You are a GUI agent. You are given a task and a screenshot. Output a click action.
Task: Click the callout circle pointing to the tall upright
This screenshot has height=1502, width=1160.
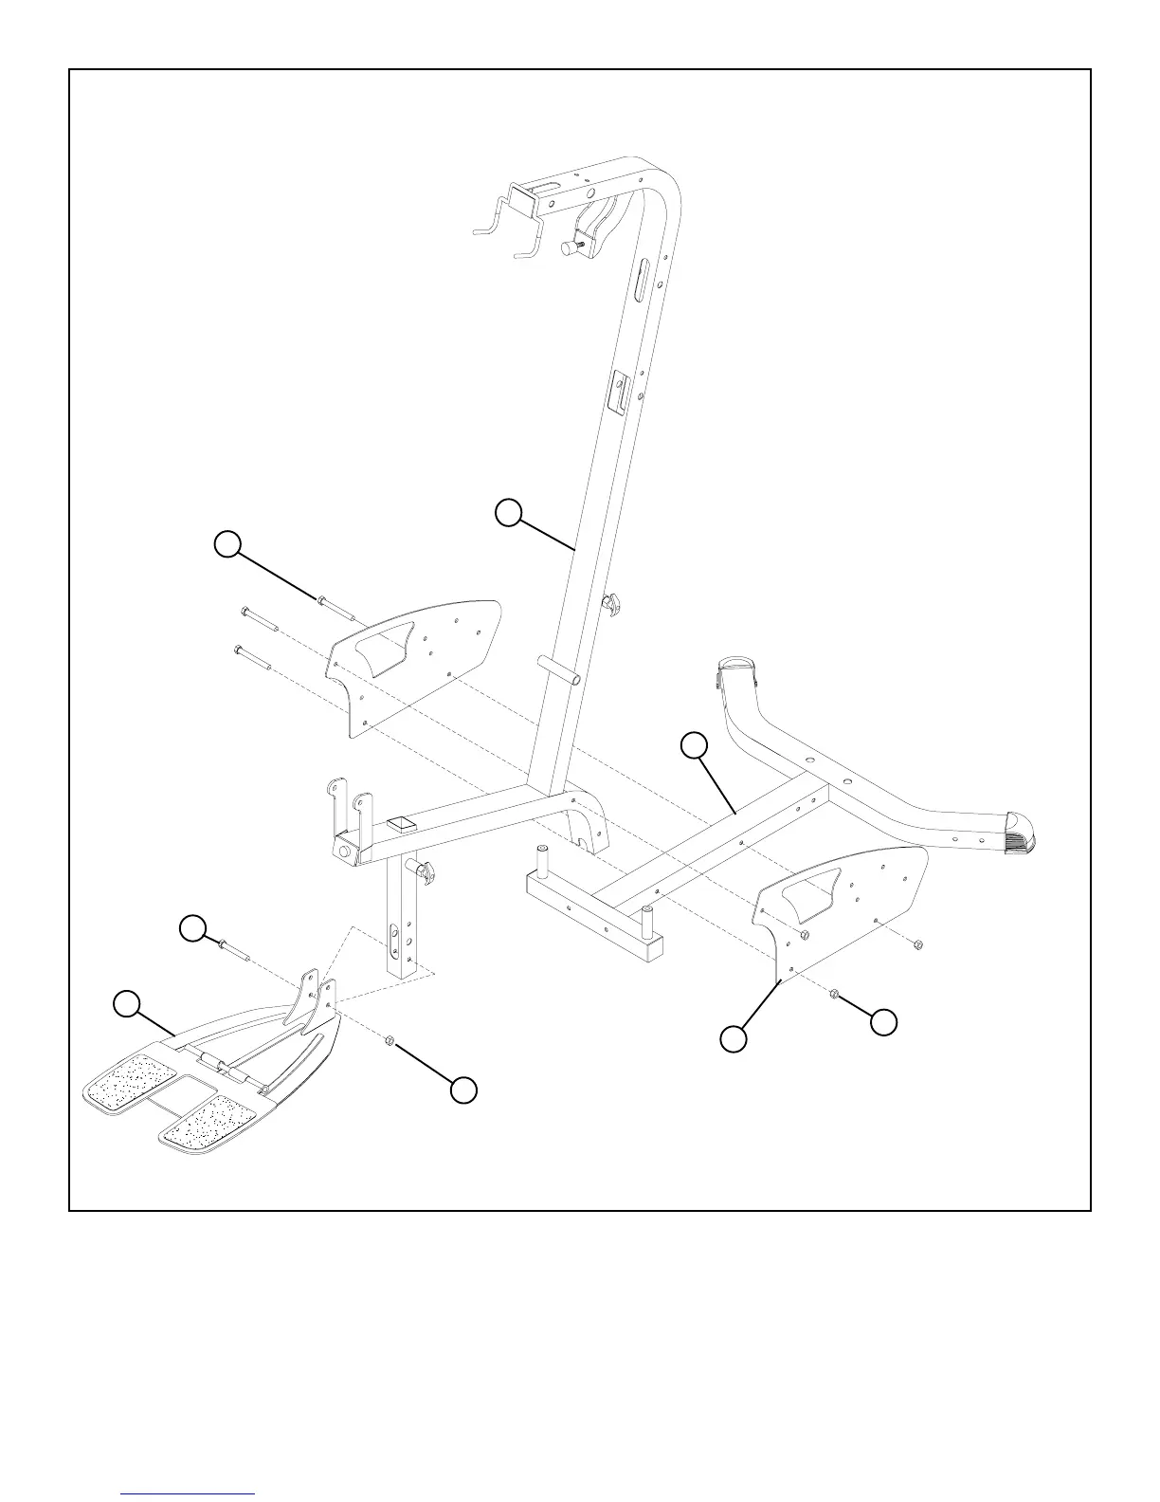click(509, 512)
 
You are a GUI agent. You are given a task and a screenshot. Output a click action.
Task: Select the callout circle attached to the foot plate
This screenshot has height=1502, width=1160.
click(126, 1002)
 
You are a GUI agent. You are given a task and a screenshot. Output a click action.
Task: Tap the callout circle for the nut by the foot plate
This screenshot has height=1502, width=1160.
click(462, 1090)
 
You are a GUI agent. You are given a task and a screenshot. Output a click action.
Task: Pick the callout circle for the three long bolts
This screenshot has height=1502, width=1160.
click(227, 543)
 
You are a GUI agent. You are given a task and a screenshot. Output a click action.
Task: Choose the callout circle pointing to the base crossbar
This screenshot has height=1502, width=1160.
click(695, 746)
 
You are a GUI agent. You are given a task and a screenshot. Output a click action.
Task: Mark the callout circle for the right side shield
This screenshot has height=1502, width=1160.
click(733, 1038)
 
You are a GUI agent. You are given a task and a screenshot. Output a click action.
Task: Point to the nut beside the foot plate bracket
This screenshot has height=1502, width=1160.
click(389, 1041)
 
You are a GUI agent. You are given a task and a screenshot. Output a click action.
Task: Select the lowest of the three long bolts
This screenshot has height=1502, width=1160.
click(252, 658)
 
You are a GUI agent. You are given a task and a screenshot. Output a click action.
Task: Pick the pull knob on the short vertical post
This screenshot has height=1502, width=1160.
click(423, 870)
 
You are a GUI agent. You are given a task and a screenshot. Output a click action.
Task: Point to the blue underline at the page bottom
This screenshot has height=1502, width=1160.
click(189, 1493)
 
